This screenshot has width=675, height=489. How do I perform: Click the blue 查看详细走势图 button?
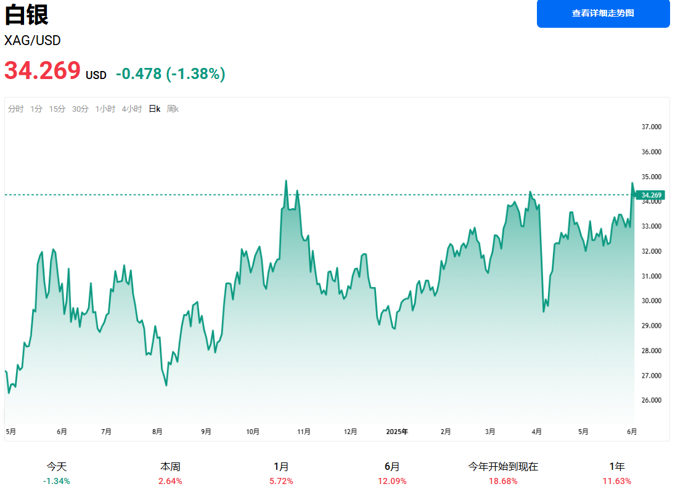(x=603, y=13)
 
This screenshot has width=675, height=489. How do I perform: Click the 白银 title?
(x=26, y=15)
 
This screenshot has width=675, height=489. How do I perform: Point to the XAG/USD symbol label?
(x=33, y=41)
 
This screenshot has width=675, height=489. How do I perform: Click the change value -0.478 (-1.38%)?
(x=171, y=74)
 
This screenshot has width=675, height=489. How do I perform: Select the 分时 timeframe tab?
(x=16, y=109)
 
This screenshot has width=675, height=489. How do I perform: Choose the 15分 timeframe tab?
(x=57, y=109)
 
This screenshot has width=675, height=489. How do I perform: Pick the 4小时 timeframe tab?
(x=132, y=109)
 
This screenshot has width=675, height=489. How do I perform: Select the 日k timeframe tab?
(x=154, y=109)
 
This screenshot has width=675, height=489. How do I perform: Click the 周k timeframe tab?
(x=173, y=109)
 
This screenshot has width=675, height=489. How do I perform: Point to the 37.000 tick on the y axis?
(x=652, y=127)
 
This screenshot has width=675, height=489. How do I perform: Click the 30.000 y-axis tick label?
(x=652, y=301)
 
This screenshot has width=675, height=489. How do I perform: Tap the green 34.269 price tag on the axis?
(x=651, y=195)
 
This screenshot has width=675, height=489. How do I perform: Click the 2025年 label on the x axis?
(x=397, y=432)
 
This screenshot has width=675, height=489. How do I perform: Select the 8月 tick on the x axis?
(x=158, y=432)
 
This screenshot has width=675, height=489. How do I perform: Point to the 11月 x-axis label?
(x=304, y=432)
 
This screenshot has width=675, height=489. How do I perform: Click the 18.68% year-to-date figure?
(x=503, y=481)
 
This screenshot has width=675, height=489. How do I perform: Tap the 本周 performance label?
(x=170, y=467)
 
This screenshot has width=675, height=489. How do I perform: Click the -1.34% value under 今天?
(x=57, y=481)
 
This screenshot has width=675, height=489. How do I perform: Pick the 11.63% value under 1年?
(x=616, y=481)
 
